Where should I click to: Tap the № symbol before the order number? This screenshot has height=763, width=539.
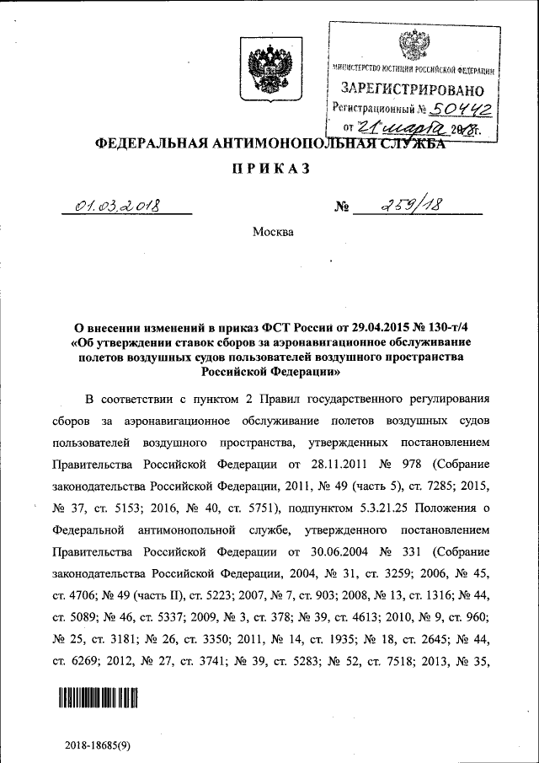[342, 207]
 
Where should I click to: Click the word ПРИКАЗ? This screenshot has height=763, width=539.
[269, 169]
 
